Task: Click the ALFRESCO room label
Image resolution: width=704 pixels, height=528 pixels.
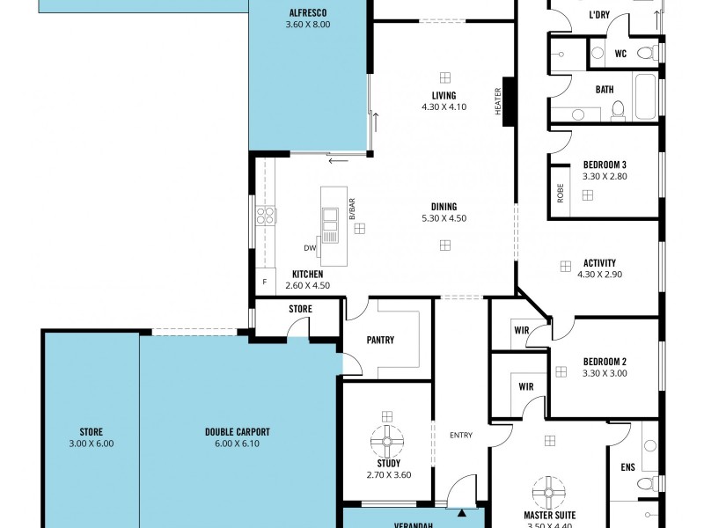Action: pyautogui.click(x=308, y=13)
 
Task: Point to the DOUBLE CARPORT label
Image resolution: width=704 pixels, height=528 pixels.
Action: pyautogui.click(x=238, y=432)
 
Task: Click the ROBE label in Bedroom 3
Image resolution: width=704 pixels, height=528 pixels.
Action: pyautogui.click(x=560, y=192)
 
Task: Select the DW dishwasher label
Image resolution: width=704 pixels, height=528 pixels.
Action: pyautogui.click(x=310, y=247)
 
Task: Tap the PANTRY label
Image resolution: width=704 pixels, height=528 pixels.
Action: pyautogui.click(x=381, y=340)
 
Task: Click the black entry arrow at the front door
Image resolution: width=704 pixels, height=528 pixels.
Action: pyautogui.click(x=461, y=510)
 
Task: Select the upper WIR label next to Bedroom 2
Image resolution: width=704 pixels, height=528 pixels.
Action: pyautogui.click(x=520, y=330)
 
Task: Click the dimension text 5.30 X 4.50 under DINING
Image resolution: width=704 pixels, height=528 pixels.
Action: pyautogui.click(x=444, y=218)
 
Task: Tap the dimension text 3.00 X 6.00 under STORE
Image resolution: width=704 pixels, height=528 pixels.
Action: pyautogui.click(x=91, y=444)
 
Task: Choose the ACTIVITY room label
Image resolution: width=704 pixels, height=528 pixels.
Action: pyautogui.click(x=599, y=262)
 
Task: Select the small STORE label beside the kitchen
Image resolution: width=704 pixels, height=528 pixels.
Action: pyautogui.click(x=301, y=309)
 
